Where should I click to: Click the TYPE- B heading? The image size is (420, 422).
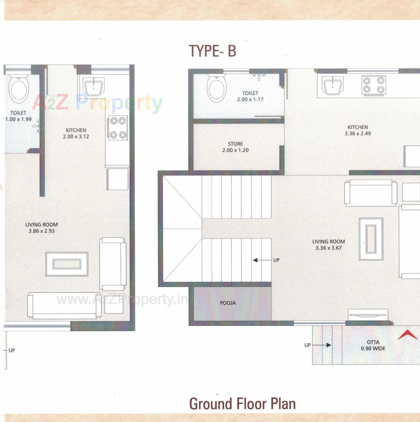point(213,51)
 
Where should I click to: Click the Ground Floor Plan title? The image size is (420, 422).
point(242,404)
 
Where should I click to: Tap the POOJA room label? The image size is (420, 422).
point(228,303)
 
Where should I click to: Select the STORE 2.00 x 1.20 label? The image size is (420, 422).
point(235,147)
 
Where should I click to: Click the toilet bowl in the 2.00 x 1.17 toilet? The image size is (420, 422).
point(217,88)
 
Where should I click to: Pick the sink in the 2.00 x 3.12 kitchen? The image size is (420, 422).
point(93,87)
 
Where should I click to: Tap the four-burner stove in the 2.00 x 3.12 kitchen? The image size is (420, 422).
point(118,128)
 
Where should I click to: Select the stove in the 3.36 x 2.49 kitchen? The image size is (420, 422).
point(374,85)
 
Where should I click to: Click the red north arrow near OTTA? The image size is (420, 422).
point(407,335)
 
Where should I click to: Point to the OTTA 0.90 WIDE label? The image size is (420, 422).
point(373,345)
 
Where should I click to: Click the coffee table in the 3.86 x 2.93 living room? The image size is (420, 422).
point(67,264)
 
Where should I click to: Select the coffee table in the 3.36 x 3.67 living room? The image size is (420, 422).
point(371,239)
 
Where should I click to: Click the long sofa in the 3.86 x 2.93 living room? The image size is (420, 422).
point(64,306)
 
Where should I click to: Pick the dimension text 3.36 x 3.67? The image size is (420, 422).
point(328,248)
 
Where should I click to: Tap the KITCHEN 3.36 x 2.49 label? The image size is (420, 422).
point(358,130)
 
